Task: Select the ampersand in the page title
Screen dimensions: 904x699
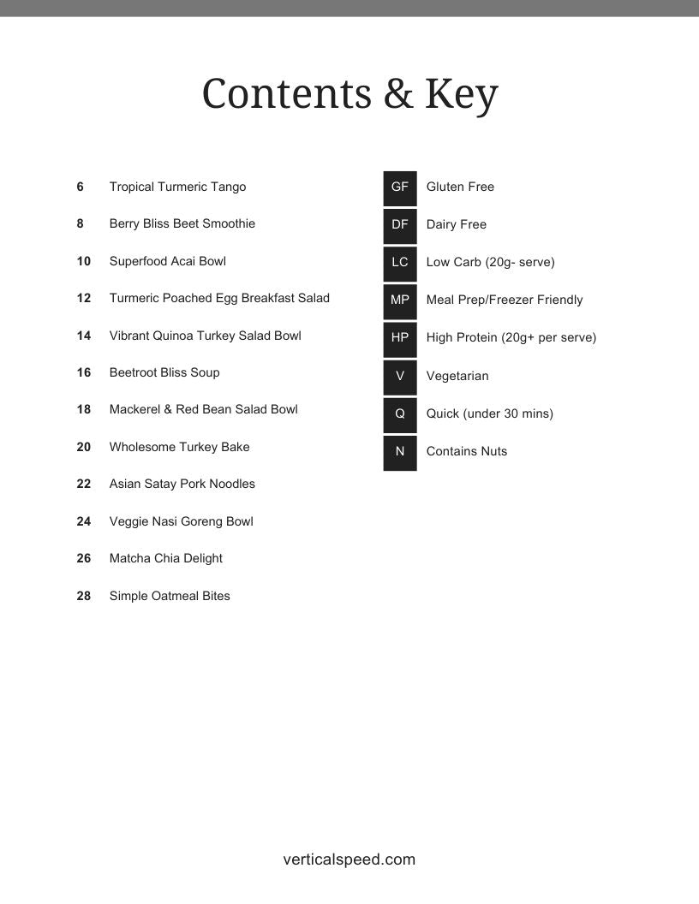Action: click(x=398, y=95)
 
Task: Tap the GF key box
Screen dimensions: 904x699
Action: click(x=400, y=187)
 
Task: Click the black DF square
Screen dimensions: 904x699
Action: click(x=400, y=224)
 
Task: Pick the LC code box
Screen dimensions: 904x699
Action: click(x=400, y=262)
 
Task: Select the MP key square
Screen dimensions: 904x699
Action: click(x=400, y=300)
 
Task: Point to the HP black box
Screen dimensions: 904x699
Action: click(x=400, y=337)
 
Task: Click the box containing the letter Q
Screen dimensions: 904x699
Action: click(x=400, y=413)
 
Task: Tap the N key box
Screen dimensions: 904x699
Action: click(x=400, y=451)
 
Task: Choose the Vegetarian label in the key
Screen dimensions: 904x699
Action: click(x=457, y=376)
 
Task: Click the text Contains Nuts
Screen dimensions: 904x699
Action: click(x=467, y=451)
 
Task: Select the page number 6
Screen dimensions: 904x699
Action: click(x=81, y=187)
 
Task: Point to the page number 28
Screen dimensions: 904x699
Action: click(x=84, y=596)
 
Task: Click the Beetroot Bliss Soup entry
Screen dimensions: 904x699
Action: click(x=164, y=372)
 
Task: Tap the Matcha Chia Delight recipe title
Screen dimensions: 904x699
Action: click(x=166, y=558)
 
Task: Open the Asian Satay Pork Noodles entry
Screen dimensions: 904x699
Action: click(x=182, y=484)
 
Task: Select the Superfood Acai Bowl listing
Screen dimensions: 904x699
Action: click(x=168, y=261)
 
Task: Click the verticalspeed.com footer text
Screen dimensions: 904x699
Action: click(x=349, y=859)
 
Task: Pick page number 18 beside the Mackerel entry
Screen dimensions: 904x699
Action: click(x=84, y=409)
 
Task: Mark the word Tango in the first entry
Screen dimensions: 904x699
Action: click(x=229, y=187)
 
